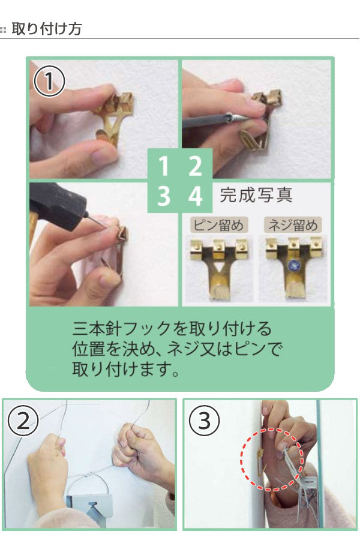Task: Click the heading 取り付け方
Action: tap(46, 28)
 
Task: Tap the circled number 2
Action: tap(23, 422)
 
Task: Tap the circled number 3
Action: tap(204, 422)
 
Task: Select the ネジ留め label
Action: tap(292, 226)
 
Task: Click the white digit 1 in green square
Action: tap(163, 166)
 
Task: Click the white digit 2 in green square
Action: tap(194, 166)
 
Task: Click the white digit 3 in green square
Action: tap(163, 196)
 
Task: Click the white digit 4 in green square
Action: tap(194, 196)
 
